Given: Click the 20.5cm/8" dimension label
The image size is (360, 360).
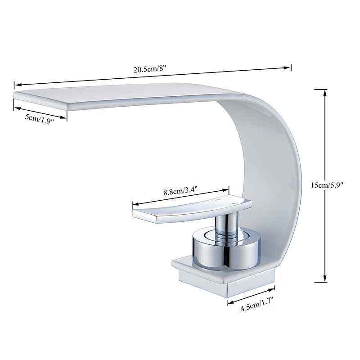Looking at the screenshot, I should click(150, 70).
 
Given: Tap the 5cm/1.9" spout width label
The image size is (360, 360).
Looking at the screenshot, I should click(39, 120).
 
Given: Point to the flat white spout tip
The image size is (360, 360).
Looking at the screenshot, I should click(45, 98).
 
